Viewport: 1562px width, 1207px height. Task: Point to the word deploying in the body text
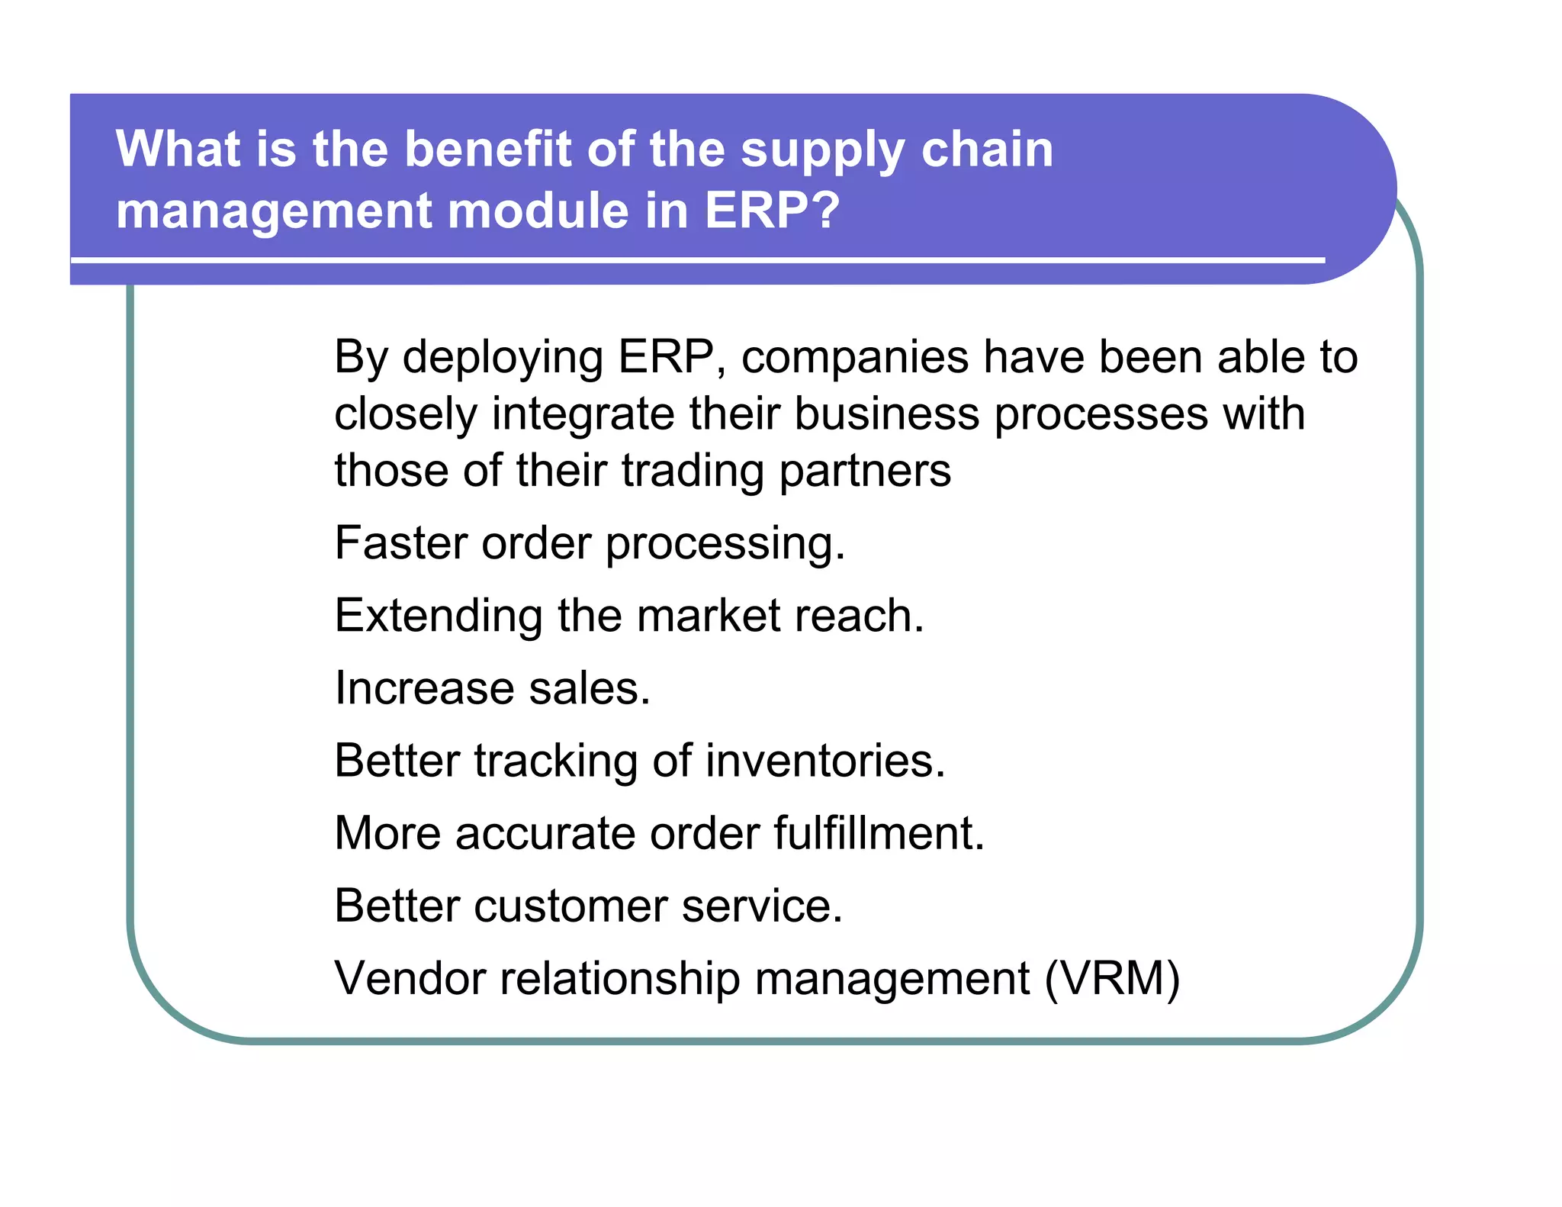tap(503, 359)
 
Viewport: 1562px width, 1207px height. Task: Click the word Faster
tap(400, 543)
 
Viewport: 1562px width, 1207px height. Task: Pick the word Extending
tap(439, 616)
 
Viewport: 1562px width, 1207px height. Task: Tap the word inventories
tap(824, 761)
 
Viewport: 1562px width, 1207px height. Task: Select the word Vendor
tap(410, 978)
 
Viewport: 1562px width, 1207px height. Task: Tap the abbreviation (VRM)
tap(1112, 978)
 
